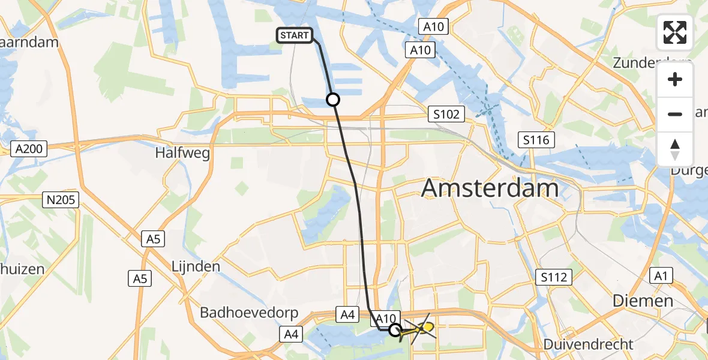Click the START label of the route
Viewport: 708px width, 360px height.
(294, 36)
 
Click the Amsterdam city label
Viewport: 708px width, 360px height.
(490, 188)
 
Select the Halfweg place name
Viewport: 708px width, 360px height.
(182, 154)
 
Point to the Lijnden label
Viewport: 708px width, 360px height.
(196, 266)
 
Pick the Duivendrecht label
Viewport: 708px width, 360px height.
(588, 344)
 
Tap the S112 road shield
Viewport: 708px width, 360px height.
(554, 277)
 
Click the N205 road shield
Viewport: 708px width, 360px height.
(62, 200)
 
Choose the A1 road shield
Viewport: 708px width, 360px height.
(661, 276)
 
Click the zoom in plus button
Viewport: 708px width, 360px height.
(675, 80)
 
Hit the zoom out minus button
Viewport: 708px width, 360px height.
(675, 114)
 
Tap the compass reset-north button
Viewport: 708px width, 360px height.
(675, 149)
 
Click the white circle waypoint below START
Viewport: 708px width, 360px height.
(333, 100)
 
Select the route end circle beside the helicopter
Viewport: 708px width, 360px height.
(395, 329)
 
